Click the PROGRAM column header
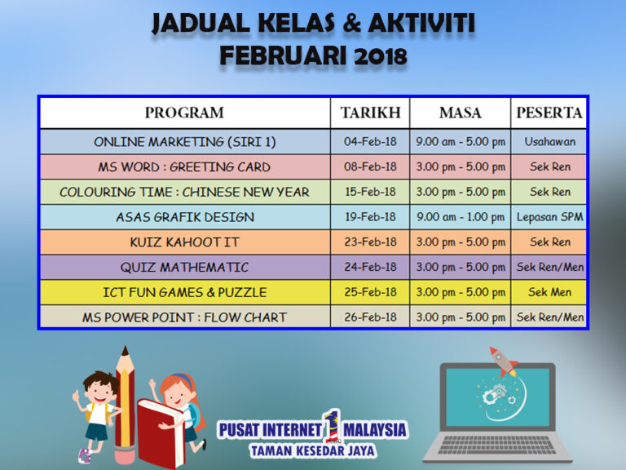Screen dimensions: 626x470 tap(184, 113)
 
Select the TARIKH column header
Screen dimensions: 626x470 tap(370, 113)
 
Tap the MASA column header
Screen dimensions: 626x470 tap(460, 113)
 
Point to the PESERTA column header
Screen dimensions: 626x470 tap(549, 113)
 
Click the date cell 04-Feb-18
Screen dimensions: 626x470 tap(370, 141)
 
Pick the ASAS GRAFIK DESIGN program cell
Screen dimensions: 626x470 tap(185, 217)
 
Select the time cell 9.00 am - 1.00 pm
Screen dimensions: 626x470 tap(461, 217)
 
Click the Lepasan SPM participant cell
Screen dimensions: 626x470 tap(549, 217)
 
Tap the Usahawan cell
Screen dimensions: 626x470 tap(549, 141)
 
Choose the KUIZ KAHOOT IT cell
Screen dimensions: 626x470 tap(184, 242)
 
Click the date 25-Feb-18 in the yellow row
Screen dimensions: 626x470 tap(370, 292)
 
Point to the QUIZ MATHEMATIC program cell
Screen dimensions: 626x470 tap(184, 267)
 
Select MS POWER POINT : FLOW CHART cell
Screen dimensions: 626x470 tap(184, 317)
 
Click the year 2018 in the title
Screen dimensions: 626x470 tap(380, 56)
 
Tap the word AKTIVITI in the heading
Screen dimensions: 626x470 tap(421, 23)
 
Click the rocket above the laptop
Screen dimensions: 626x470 tap(504, 361)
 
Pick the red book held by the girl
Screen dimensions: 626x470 tap(161, 432)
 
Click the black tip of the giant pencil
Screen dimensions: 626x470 tap(125, 352)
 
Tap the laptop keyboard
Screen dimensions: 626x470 tap(497, 445)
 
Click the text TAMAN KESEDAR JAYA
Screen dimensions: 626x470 tap(313, 451)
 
